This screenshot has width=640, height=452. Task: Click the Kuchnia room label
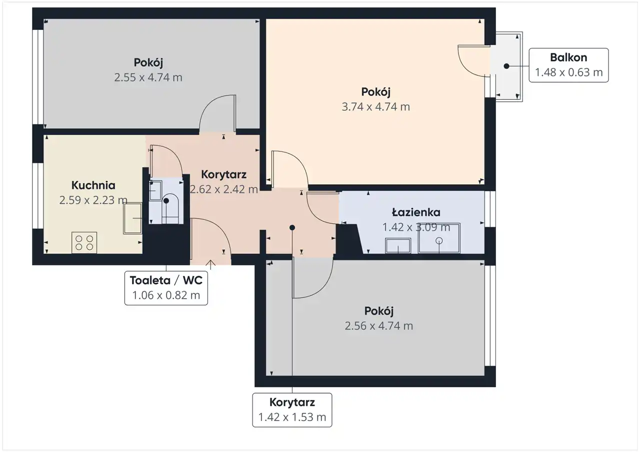pyautogui.click(x=93, y=185)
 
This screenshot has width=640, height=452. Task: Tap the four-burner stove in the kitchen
pyautogui.click(x=84, y=243)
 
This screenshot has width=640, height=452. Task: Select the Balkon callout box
pyautogui.click(x=568, y=65)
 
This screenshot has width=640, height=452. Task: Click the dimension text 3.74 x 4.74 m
pyautogui.click(x=375, y=107)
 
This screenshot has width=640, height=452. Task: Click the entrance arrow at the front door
pyautogui.click(x=210, y=265)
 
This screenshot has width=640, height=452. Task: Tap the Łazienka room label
pyautogui.click(x=416, y=212)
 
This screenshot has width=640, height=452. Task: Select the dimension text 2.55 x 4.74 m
pyautogui.click(x=148, y=77)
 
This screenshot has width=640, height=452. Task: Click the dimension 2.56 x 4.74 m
pyautogui.click(x=379, y=326)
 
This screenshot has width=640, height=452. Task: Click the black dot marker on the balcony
pyautogui.click(x=506, y=66)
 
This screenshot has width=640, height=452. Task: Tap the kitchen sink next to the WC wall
pyautogui.click(x=132, y=218)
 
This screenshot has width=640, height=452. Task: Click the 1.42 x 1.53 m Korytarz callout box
pyautogui.click(x=292, y=410)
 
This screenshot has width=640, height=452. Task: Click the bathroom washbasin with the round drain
pyautogui.click(x=439, y=238)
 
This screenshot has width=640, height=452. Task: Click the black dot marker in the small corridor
pyautogui.click(x=292, y=228)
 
